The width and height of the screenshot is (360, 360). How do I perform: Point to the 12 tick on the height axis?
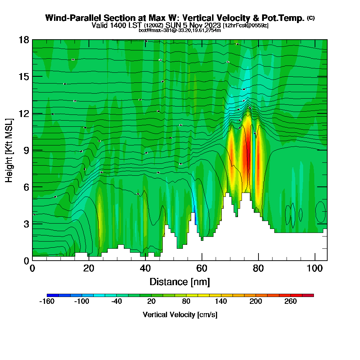[32, 113]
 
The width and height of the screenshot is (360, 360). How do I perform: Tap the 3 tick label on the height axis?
[26, 224]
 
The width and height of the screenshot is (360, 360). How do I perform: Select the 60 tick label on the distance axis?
[202, 269]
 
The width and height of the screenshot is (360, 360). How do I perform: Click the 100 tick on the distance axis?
[315, 260]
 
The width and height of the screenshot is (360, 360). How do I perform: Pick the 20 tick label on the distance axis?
[89, 269]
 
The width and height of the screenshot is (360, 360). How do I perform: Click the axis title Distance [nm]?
[180, 282]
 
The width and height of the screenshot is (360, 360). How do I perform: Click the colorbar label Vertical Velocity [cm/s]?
[180, 315]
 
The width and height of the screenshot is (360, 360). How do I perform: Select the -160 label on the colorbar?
[46, 301]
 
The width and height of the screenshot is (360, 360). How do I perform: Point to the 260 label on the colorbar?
[291, 301]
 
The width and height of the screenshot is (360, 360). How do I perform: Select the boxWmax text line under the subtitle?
[180, 30]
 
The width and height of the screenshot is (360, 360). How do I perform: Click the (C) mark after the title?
[311, 18]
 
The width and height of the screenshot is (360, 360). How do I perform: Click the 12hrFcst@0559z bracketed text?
[246, 26]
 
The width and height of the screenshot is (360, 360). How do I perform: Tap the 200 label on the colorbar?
[256, 301]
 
